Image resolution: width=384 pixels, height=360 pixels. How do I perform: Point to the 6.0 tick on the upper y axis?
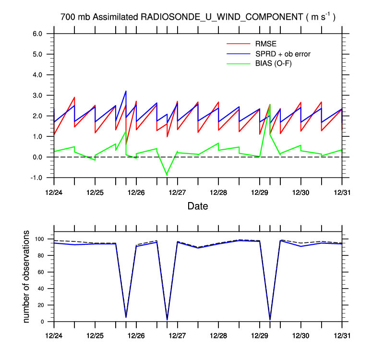(38, 34)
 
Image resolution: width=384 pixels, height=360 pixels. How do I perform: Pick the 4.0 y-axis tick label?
(38, 75)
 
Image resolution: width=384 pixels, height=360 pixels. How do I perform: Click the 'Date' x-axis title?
(198, 206)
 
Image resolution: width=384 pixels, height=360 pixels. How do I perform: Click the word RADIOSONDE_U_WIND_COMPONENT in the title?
(221, 17)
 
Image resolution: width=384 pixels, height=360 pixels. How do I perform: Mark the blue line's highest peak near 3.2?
(126, 91)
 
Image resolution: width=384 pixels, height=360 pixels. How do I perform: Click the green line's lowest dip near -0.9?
(167, 175)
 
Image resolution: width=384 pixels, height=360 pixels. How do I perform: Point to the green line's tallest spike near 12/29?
(270, 105)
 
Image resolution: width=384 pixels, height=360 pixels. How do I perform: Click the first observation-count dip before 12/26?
(126, 317)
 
